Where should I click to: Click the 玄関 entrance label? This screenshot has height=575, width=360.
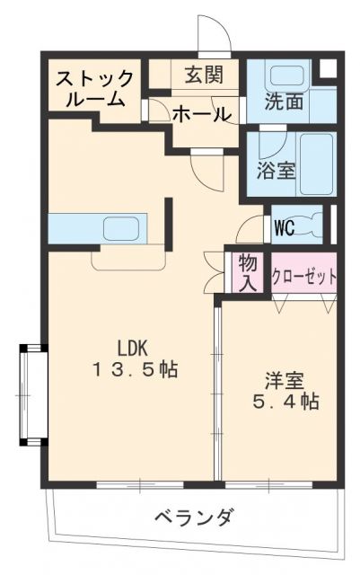[x=206, y=75]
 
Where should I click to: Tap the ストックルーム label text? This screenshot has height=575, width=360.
[x=96, y=89]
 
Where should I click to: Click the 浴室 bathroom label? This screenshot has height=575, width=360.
[x=276, y=169]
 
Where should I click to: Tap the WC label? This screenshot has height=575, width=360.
[x=285, y=226]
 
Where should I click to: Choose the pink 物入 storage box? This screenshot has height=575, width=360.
[x=248, y=272]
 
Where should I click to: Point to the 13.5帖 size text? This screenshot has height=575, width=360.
[x=134, y=369]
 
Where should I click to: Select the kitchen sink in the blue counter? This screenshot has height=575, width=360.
[x=122, y=228]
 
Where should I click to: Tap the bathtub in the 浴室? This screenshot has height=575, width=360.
[x=314, y=164]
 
